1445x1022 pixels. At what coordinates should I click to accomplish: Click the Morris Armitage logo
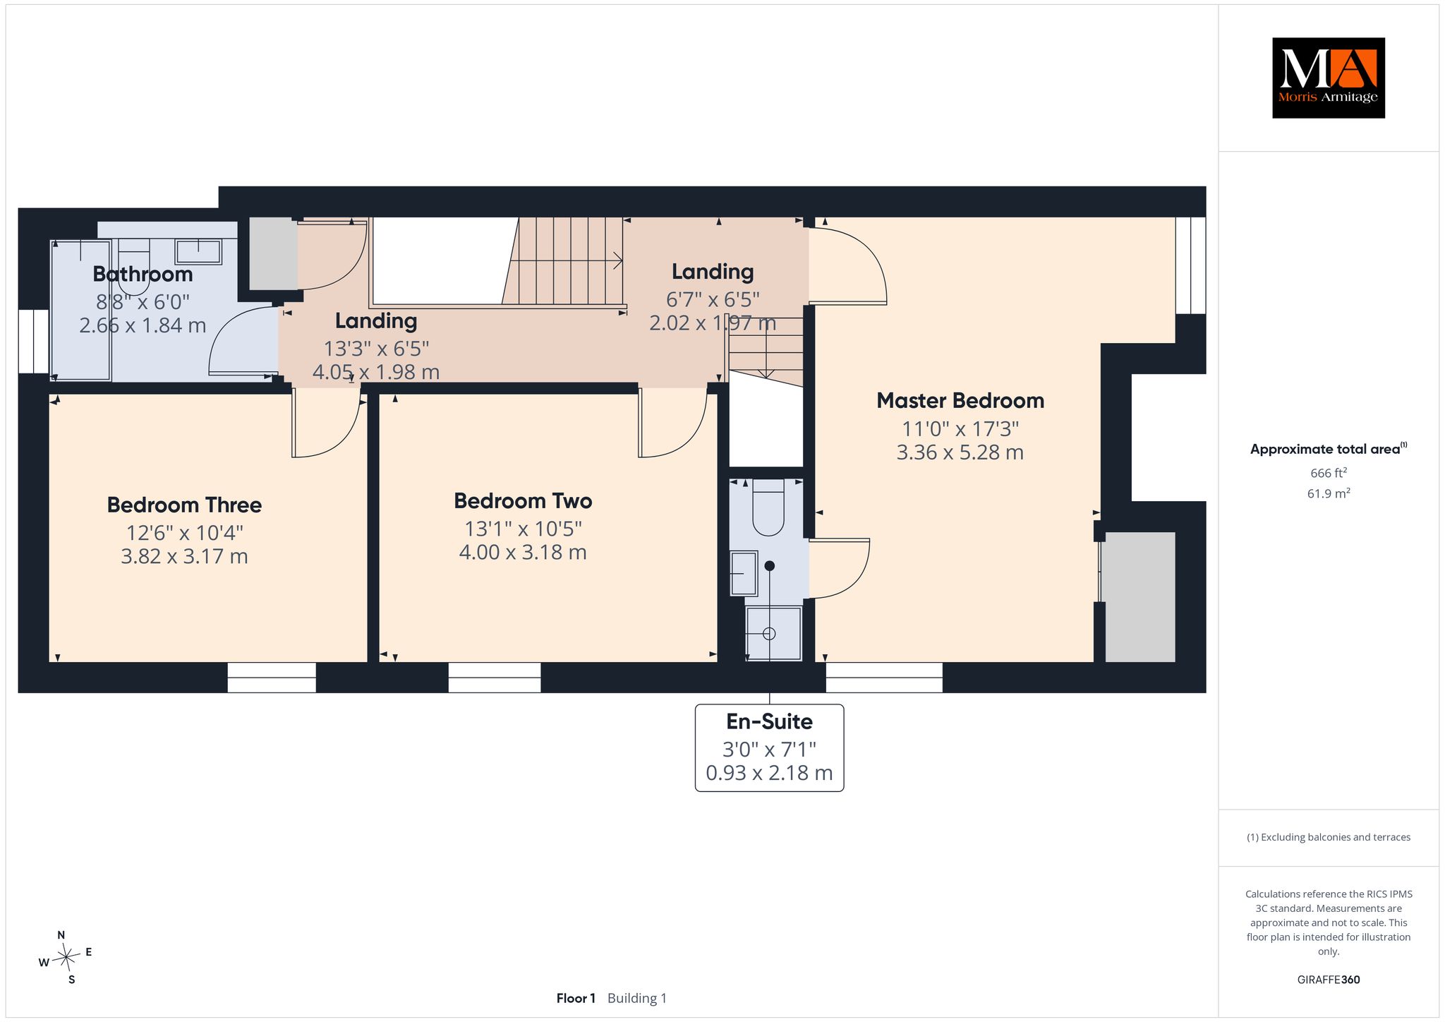(x=1328, y=78)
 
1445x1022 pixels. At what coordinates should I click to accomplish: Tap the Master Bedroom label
(x=960, y=400)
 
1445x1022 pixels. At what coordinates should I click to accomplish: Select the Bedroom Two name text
(x=523, y=500)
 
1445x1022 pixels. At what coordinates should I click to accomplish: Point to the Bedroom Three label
(x=184, y=505)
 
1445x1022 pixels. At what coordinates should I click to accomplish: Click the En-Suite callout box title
(x=769, y=721)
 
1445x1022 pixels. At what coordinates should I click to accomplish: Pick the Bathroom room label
(x=143, y=274)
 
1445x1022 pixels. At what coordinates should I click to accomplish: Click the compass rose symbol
(x=66, y=957)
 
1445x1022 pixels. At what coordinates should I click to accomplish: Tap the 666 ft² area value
(x=1328, y=473)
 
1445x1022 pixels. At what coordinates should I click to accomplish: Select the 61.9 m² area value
(x=1328, y=493)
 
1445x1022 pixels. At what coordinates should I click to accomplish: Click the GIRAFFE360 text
(x=1328, y=980)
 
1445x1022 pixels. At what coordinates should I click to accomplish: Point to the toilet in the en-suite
(x=768, y=507)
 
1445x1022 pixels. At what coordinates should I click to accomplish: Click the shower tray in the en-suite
(x=774, y=633)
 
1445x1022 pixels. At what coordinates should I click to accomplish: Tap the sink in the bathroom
(x=198, y=251)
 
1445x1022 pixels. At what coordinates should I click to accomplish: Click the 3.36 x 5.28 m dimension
(x=960, y=452)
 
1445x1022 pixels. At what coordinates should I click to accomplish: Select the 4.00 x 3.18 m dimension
(x=523, y=552)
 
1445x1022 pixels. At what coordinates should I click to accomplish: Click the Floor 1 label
(x=576, y=998)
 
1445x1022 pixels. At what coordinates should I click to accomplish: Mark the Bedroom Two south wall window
(x=495, y=678)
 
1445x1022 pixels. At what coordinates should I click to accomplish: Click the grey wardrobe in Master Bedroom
(x=1139, y=597)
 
